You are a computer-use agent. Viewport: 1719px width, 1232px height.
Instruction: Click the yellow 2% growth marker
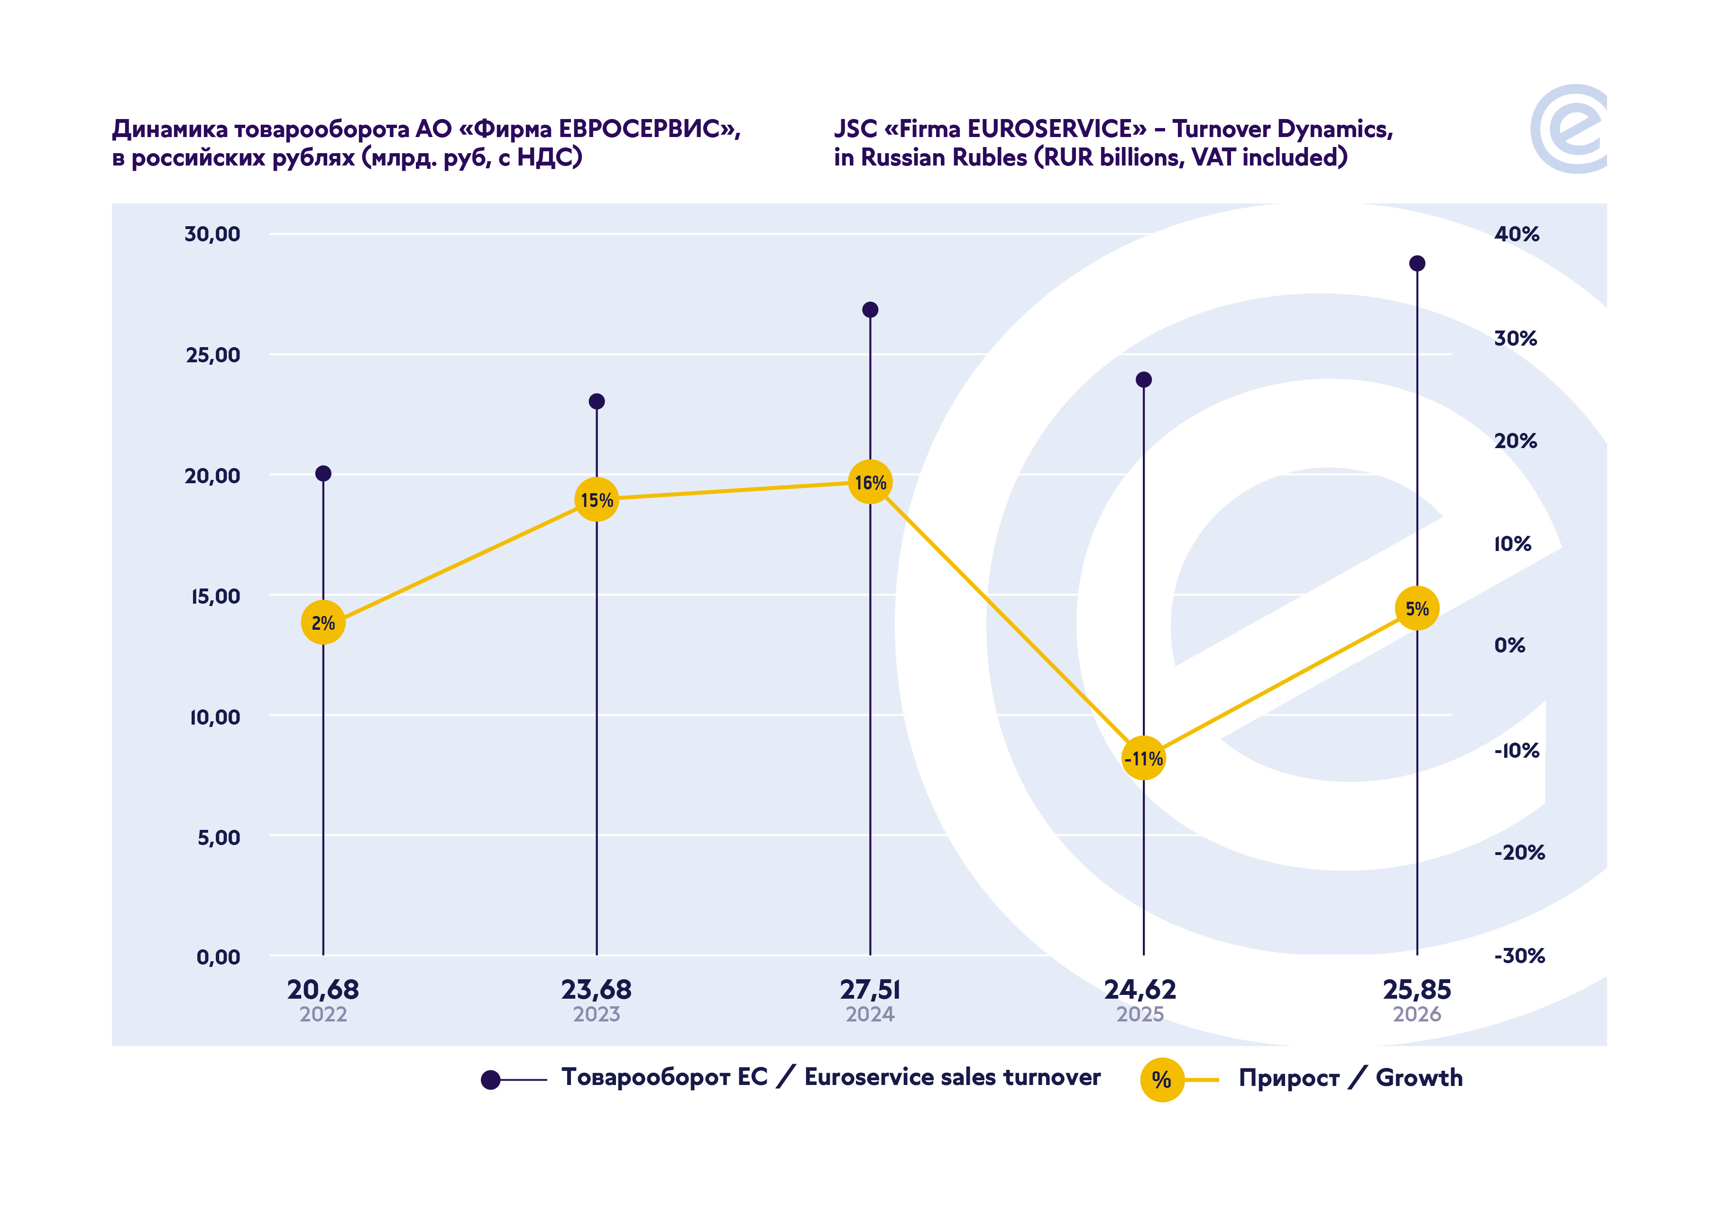click(x=323, y=623)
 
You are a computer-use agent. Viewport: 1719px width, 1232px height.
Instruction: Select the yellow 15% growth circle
click(x=597, y=500)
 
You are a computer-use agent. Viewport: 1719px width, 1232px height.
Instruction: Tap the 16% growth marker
click(x=870, y=482)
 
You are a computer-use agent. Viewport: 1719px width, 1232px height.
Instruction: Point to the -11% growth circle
click(x=1143, y=758)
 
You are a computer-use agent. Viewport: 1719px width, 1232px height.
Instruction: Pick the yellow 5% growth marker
click(x=1416, y=608)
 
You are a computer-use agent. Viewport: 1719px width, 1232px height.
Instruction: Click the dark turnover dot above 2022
click(x=323, y=474)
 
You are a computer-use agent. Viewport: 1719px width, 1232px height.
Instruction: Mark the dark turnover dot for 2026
click(x=1416, y=263)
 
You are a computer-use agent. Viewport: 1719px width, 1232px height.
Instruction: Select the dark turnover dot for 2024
click(x=870, y=309)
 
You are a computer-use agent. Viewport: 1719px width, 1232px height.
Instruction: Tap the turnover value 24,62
click(x=1140, y=989)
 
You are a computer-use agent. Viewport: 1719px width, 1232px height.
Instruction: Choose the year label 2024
click(x=870, y=1014)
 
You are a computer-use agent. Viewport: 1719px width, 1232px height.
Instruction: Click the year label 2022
click(x=323, y=1014)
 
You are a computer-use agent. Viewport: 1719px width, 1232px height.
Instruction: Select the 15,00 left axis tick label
click(x=215, y=597)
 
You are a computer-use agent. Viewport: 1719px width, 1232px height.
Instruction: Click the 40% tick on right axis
click(x=1517, y=234)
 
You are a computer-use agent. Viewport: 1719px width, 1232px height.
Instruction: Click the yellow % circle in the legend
click(x=1162, y=1080)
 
